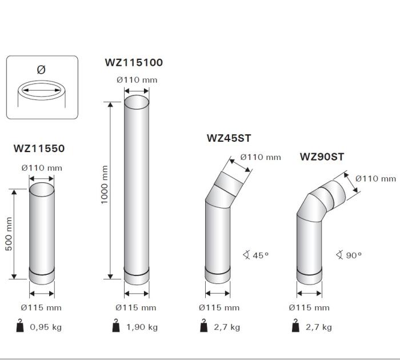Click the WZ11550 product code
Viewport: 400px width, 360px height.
tap(39, 149)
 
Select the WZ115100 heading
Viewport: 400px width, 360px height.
tap(134, 62)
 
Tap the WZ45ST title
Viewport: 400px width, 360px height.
tap(229, 138)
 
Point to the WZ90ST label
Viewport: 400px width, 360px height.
tap(322, 157)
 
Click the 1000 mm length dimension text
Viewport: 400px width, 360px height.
tap(105, 185)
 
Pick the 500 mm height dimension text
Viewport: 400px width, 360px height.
tap(9, 234)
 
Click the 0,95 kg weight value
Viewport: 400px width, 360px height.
tap(46, 327)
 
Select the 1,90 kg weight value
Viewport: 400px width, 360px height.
tap(142, 327)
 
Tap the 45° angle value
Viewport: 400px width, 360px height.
tap(261, 255)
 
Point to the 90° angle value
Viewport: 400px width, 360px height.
tap(354, 255)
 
